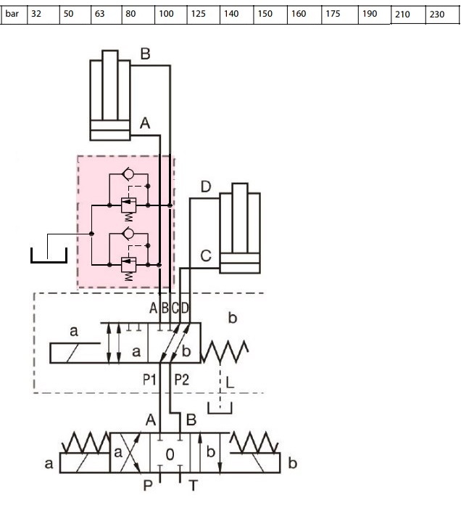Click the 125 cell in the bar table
pos(204,15)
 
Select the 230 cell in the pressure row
pos(442,15)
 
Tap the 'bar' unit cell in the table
pos(14,15)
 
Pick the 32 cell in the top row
pos(43,15)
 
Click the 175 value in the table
pos(340,15)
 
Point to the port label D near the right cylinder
pos(206,187)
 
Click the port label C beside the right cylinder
pos(206,256)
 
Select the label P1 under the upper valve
pos(149,380)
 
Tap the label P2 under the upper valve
pos(181,380)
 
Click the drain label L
pos(230,383)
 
